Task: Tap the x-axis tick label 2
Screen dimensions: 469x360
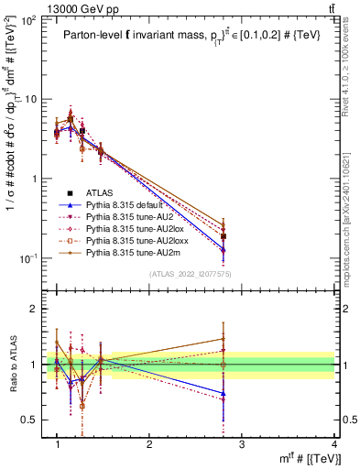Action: pyautogui.click(x=149, y=444)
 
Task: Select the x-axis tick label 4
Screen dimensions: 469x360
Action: pyautogui.click(x=333, y=444)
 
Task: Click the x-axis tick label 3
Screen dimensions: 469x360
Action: pyautogui.click(x=241, y=444)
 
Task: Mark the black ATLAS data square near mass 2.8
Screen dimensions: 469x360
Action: pyautogui.click(x=224, y=236)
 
